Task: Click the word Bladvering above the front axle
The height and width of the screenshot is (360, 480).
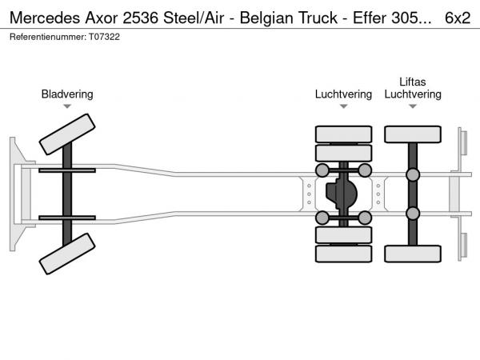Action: pyautogui.click(x=67, y=94)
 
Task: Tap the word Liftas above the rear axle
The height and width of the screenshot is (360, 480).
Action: pyautogui.click(x=412, y=82)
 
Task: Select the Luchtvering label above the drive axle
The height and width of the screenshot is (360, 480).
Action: pyautogui.click(x=343, y=94)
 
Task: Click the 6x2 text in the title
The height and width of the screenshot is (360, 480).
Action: pyautogui.click(x=458, y=18)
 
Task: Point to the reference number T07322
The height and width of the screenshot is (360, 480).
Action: pyautogui.click(x=104, y=37)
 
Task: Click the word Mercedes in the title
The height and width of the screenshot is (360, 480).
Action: pyautogui.click(x=45, y=18)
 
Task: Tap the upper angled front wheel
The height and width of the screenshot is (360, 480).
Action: pyautogui.click(x=67, y=134)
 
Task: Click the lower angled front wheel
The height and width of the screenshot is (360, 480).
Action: pyautogui.click(x=67, y=254)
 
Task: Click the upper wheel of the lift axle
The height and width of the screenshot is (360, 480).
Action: pyautogui.click(x=413, y=134)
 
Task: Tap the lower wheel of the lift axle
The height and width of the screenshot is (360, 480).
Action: pyautogui.click(x=413, y=254)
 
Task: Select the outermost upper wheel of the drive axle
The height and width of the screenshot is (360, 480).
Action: pyautogui.click(x=343, y=134)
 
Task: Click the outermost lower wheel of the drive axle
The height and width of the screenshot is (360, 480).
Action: pyautogui.click(x=343, y=254)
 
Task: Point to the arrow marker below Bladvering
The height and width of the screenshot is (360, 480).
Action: pyautogui.click(x=67, y=106)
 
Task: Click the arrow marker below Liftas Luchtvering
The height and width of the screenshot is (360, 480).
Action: pyautogui.click(x=413, y=106)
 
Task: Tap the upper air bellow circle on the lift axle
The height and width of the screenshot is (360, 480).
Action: pyautogui.click(x=413, y=174)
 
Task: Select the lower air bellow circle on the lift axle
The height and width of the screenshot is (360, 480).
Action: pyautogui.click(x=413, y=214)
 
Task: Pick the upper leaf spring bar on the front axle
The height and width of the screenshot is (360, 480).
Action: pyautogui.click(x=67, y=170)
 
